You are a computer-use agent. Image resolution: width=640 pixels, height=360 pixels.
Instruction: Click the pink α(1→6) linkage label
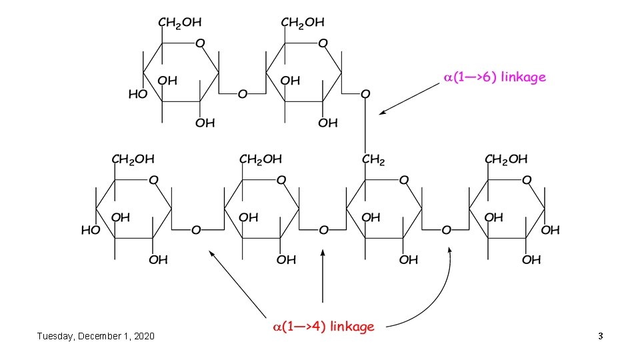coord(495,77)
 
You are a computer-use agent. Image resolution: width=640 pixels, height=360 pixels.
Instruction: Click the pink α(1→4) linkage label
coord(323,327)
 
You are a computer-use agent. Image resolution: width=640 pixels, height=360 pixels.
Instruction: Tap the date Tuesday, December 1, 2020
coord(95,336)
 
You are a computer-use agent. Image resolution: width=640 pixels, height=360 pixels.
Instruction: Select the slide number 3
coord(600,336)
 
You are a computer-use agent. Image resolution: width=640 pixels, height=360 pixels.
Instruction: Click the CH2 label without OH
coord(373,160)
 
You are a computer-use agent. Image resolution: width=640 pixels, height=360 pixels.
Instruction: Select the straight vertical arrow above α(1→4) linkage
coord(323,277)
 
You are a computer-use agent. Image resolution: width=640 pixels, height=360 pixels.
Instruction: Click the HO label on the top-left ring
coord(137,95)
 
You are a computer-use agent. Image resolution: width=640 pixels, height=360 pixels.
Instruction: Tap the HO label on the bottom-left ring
coord(90,231)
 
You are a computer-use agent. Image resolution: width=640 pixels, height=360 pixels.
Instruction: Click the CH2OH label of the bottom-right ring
coord(506,159)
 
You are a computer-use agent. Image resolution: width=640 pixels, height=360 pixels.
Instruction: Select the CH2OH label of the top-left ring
coord(179,23)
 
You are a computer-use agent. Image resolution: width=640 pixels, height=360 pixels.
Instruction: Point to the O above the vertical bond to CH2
coord(364,95)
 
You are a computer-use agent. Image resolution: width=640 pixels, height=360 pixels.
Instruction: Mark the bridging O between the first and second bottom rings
coord(195,231)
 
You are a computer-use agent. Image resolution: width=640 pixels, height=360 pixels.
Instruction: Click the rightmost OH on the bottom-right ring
coord(551,231)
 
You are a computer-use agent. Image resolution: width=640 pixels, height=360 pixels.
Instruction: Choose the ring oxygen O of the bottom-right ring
coord(527,180)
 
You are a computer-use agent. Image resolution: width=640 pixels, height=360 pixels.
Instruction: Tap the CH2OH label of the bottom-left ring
coord(132,159)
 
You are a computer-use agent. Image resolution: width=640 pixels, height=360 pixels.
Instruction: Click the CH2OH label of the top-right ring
coord(303,23)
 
